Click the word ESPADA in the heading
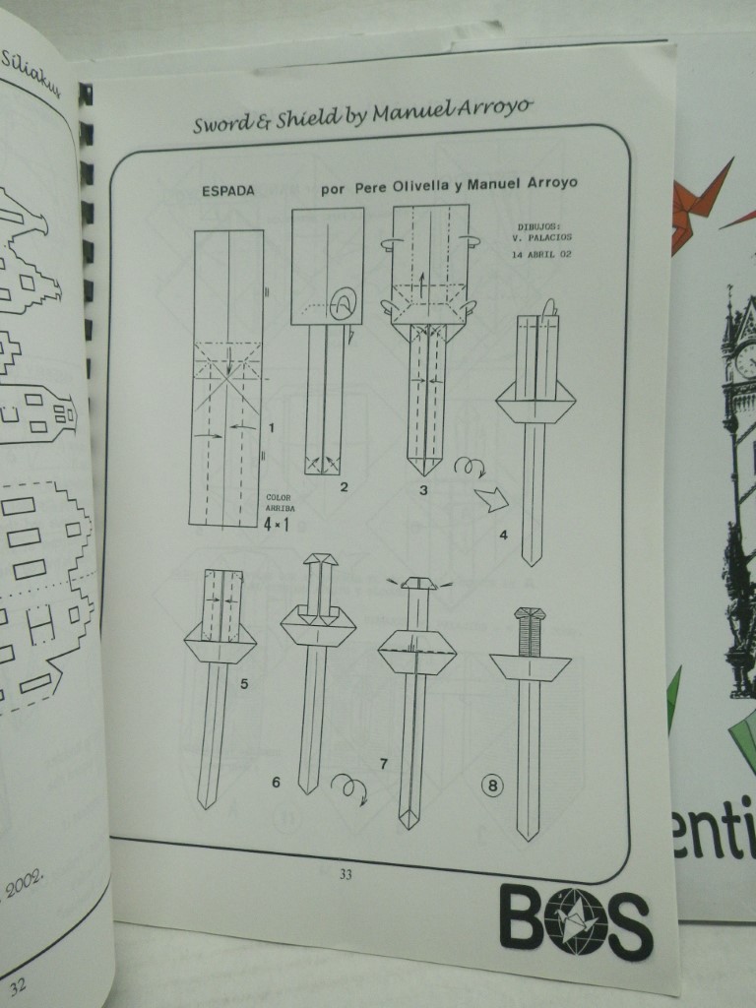tap(227, 191)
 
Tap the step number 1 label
tap(271, 427)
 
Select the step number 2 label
tap(344, 486)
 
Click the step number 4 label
tap(503, 535)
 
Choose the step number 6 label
tap(277, 783)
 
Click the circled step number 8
tap(489, 786)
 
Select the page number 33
tap(345, 874)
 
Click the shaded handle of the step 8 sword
tap(530, 631)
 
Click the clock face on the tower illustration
tap(745, 359)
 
